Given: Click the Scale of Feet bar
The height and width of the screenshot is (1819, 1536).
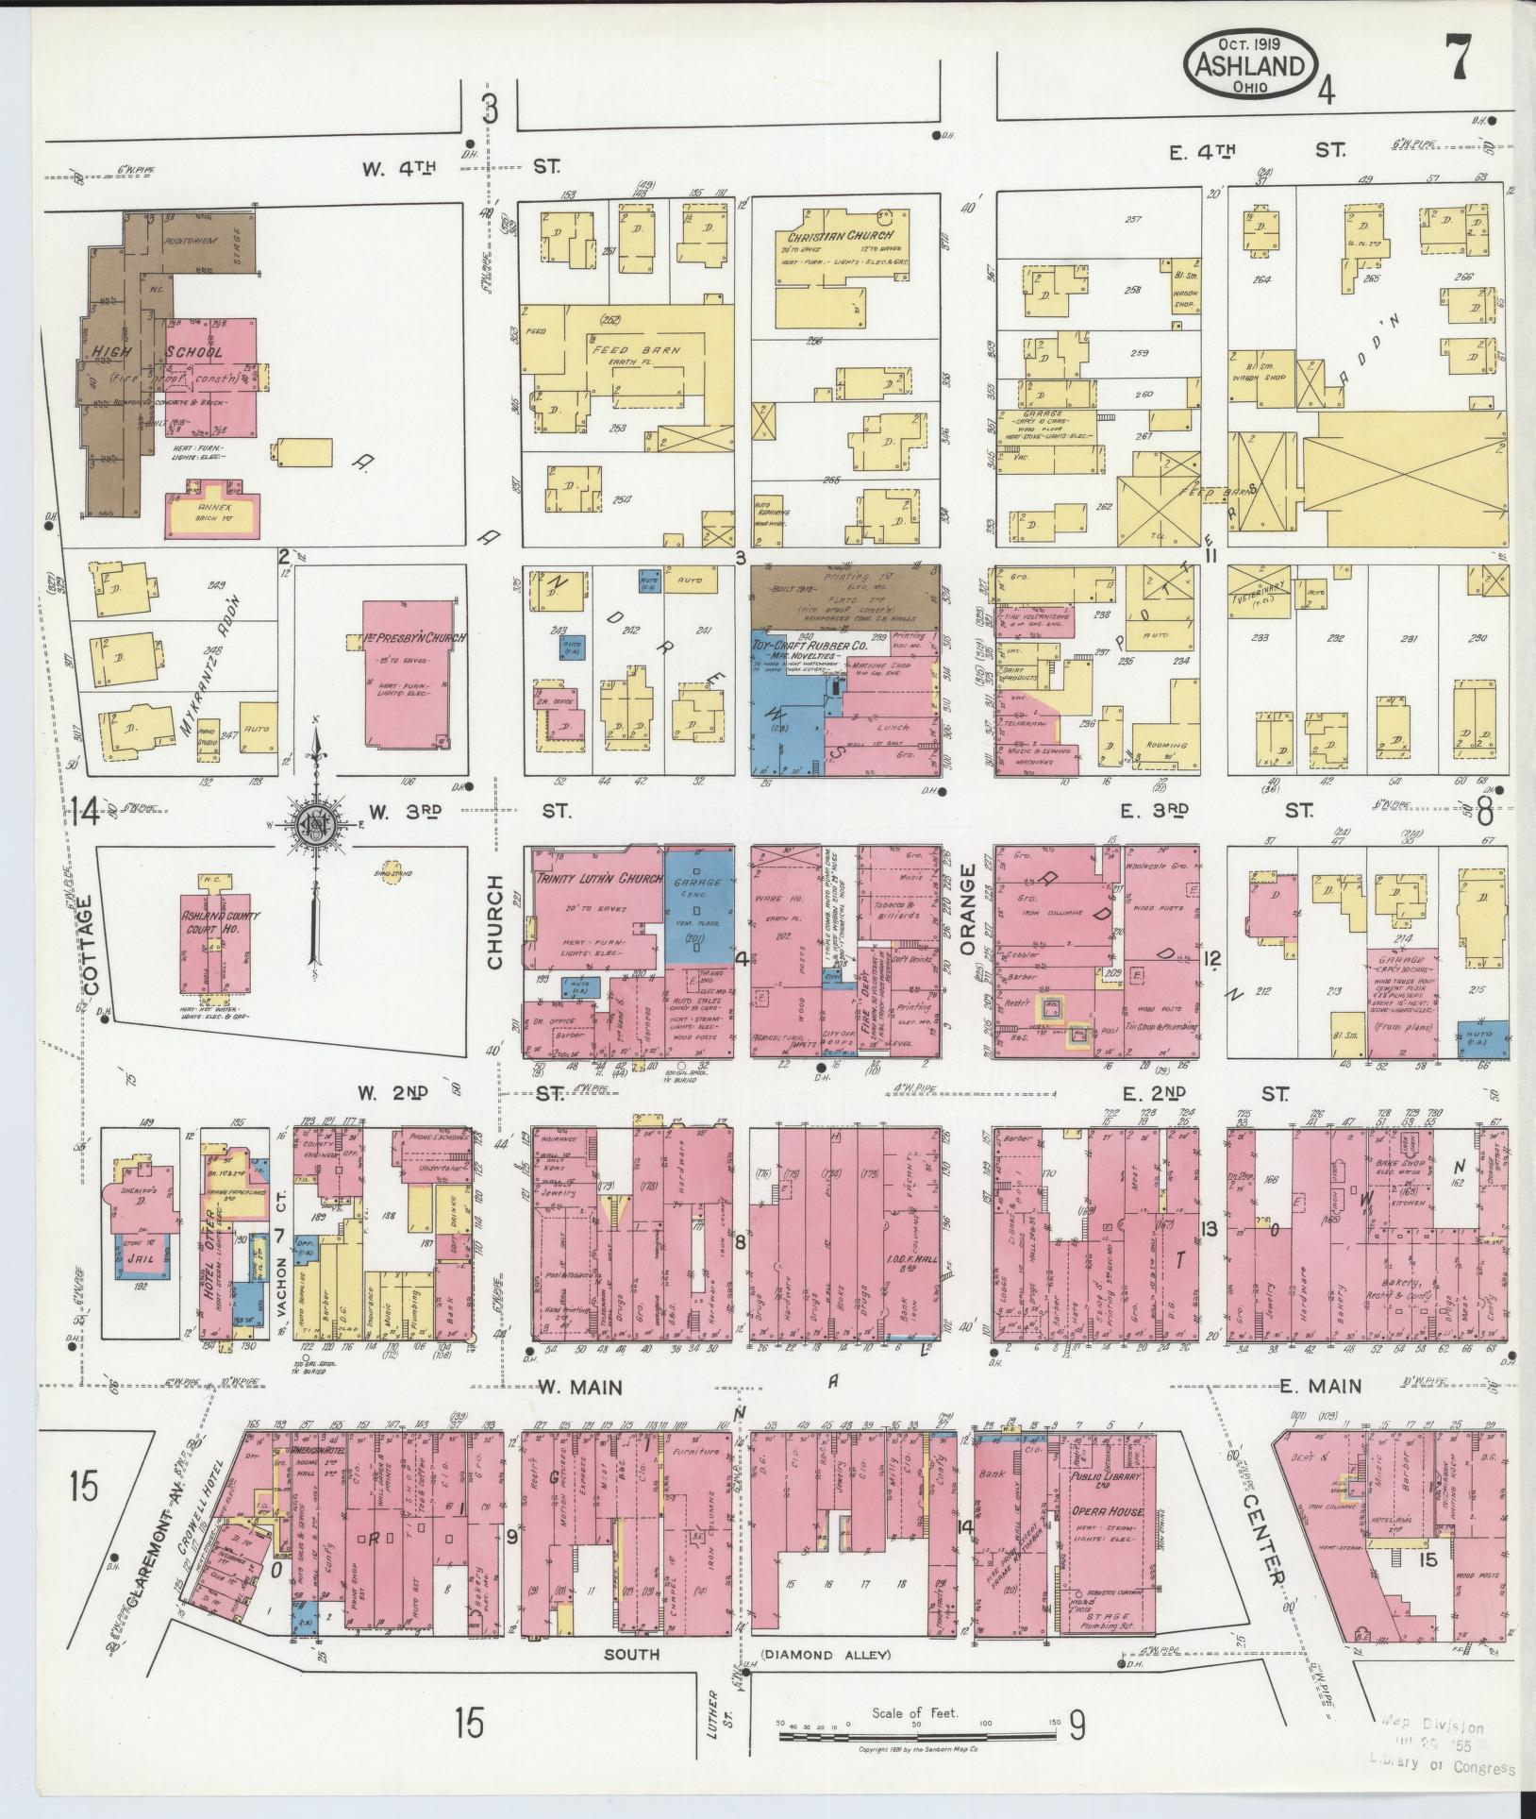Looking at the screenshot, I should (x=921, y=1736).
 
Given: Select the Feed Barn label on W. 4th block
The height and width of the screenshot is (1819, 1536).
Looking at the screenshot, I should (x=624, y=349).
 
